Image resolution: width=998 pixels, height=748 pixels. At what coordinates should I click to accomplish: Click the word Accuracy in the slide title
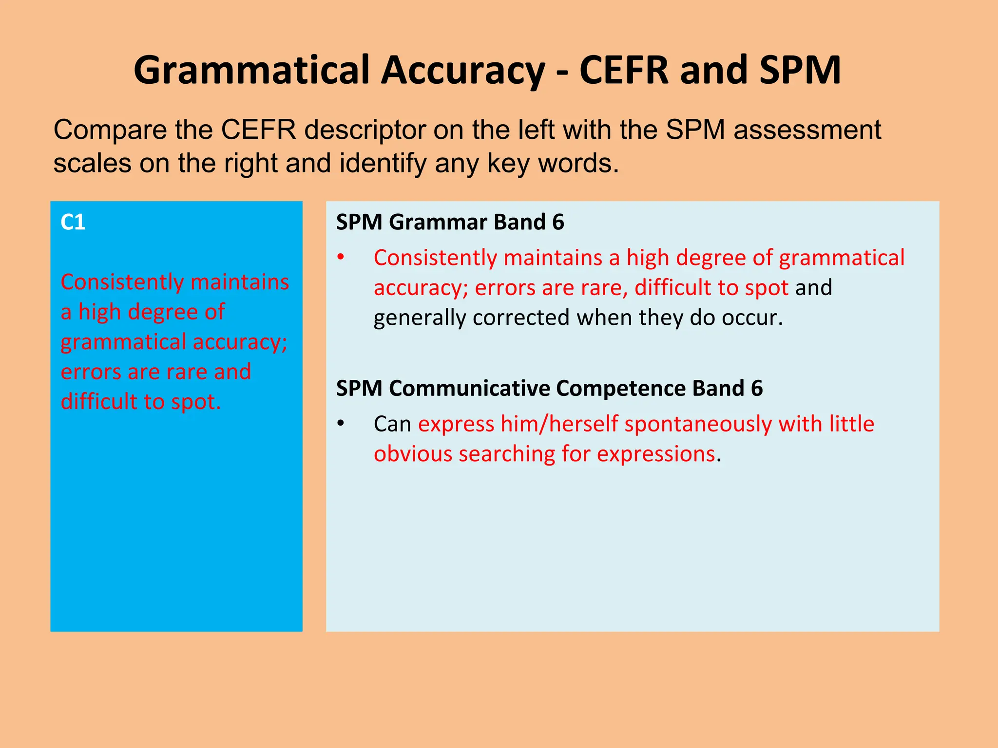[x=463, y=71]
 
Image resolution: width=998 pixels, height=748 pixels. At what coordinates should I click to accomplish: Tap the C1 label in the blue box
[x=73, y=223]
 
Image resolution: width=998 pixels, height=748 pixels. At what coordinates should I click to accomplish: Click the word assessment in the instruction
[x=807, y=131]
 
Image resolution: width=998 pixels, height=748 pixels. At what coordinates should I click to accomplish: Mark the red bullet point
[x=341, y=258]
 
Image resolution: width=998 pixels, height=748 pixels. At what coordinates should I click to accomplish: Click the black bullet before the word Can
[x=341, y=424]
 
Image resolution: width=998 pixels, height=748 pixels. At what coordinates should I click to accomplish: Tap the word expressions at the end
[x=656, y=454]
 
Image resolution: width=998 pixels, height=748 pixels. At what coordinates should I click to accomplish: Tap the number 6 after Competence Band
[x=757, y=389]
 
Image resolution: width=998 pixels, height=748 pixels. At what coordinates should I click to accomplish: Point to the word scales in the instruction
[x=92, y=164]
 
